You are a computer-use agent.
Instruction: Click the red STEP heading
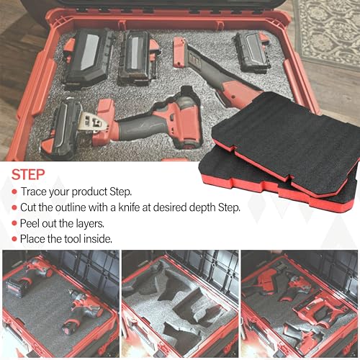click(x=28, y=174)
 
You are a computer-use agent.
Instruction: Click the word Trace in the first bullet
click(x=33, y=192)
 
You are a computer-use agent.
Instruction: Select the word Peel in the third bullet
click(x=30, y=223)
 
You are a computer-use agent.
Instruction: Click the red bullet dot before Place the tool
click(x=14, y=239)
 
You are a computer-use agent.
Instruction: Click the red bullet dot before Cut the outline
click(x=14, y=207)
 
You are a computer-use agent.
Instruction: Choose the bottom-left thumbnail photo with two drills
click(x=60, y=305)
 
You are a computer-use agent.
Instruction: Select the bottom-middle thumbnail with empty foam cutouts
click(x=180, y=305)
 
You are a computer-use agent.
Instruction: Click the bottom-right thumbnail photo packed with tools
click(x=300, y=305)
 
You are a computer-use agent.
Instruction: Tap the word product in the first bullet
click(x=89, y=192)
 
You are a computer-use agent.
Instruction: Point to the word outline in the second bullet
click(x=71, y=207)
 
